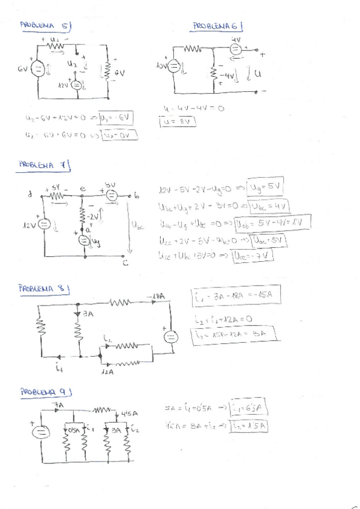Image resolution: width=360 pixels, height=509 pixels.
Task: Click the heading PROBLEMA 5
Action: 46,25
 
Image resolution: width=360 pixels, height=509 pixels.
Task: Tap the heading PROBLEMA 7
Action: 44,164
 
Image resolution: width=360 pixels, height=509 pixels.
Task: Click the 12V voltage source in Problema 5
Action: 76,85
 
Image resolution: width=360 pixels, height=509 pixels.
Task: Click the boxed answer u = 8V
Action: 178,122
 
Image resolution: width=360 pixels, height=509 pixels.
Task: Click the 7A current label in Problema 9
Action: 58,405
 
